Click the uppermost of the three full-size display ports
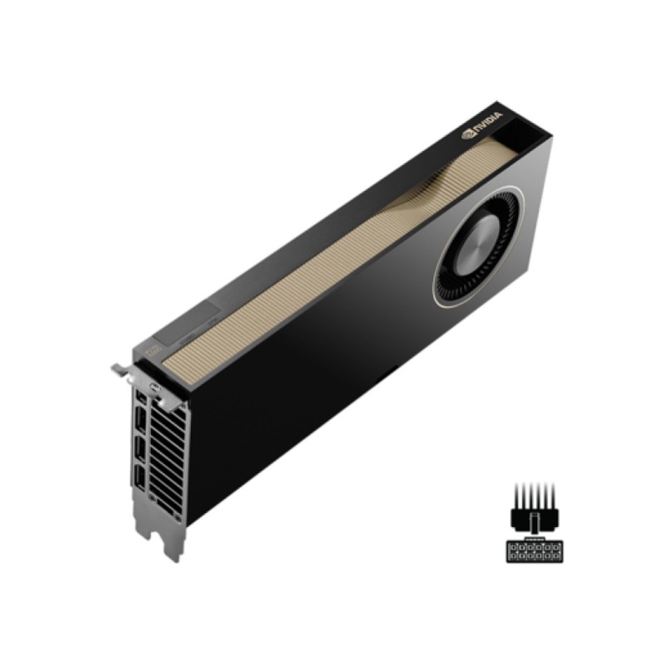tap(140, 421)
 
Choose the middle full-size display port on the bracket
tap(140, 451)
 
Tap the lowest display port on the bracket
tap(140, 479)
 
